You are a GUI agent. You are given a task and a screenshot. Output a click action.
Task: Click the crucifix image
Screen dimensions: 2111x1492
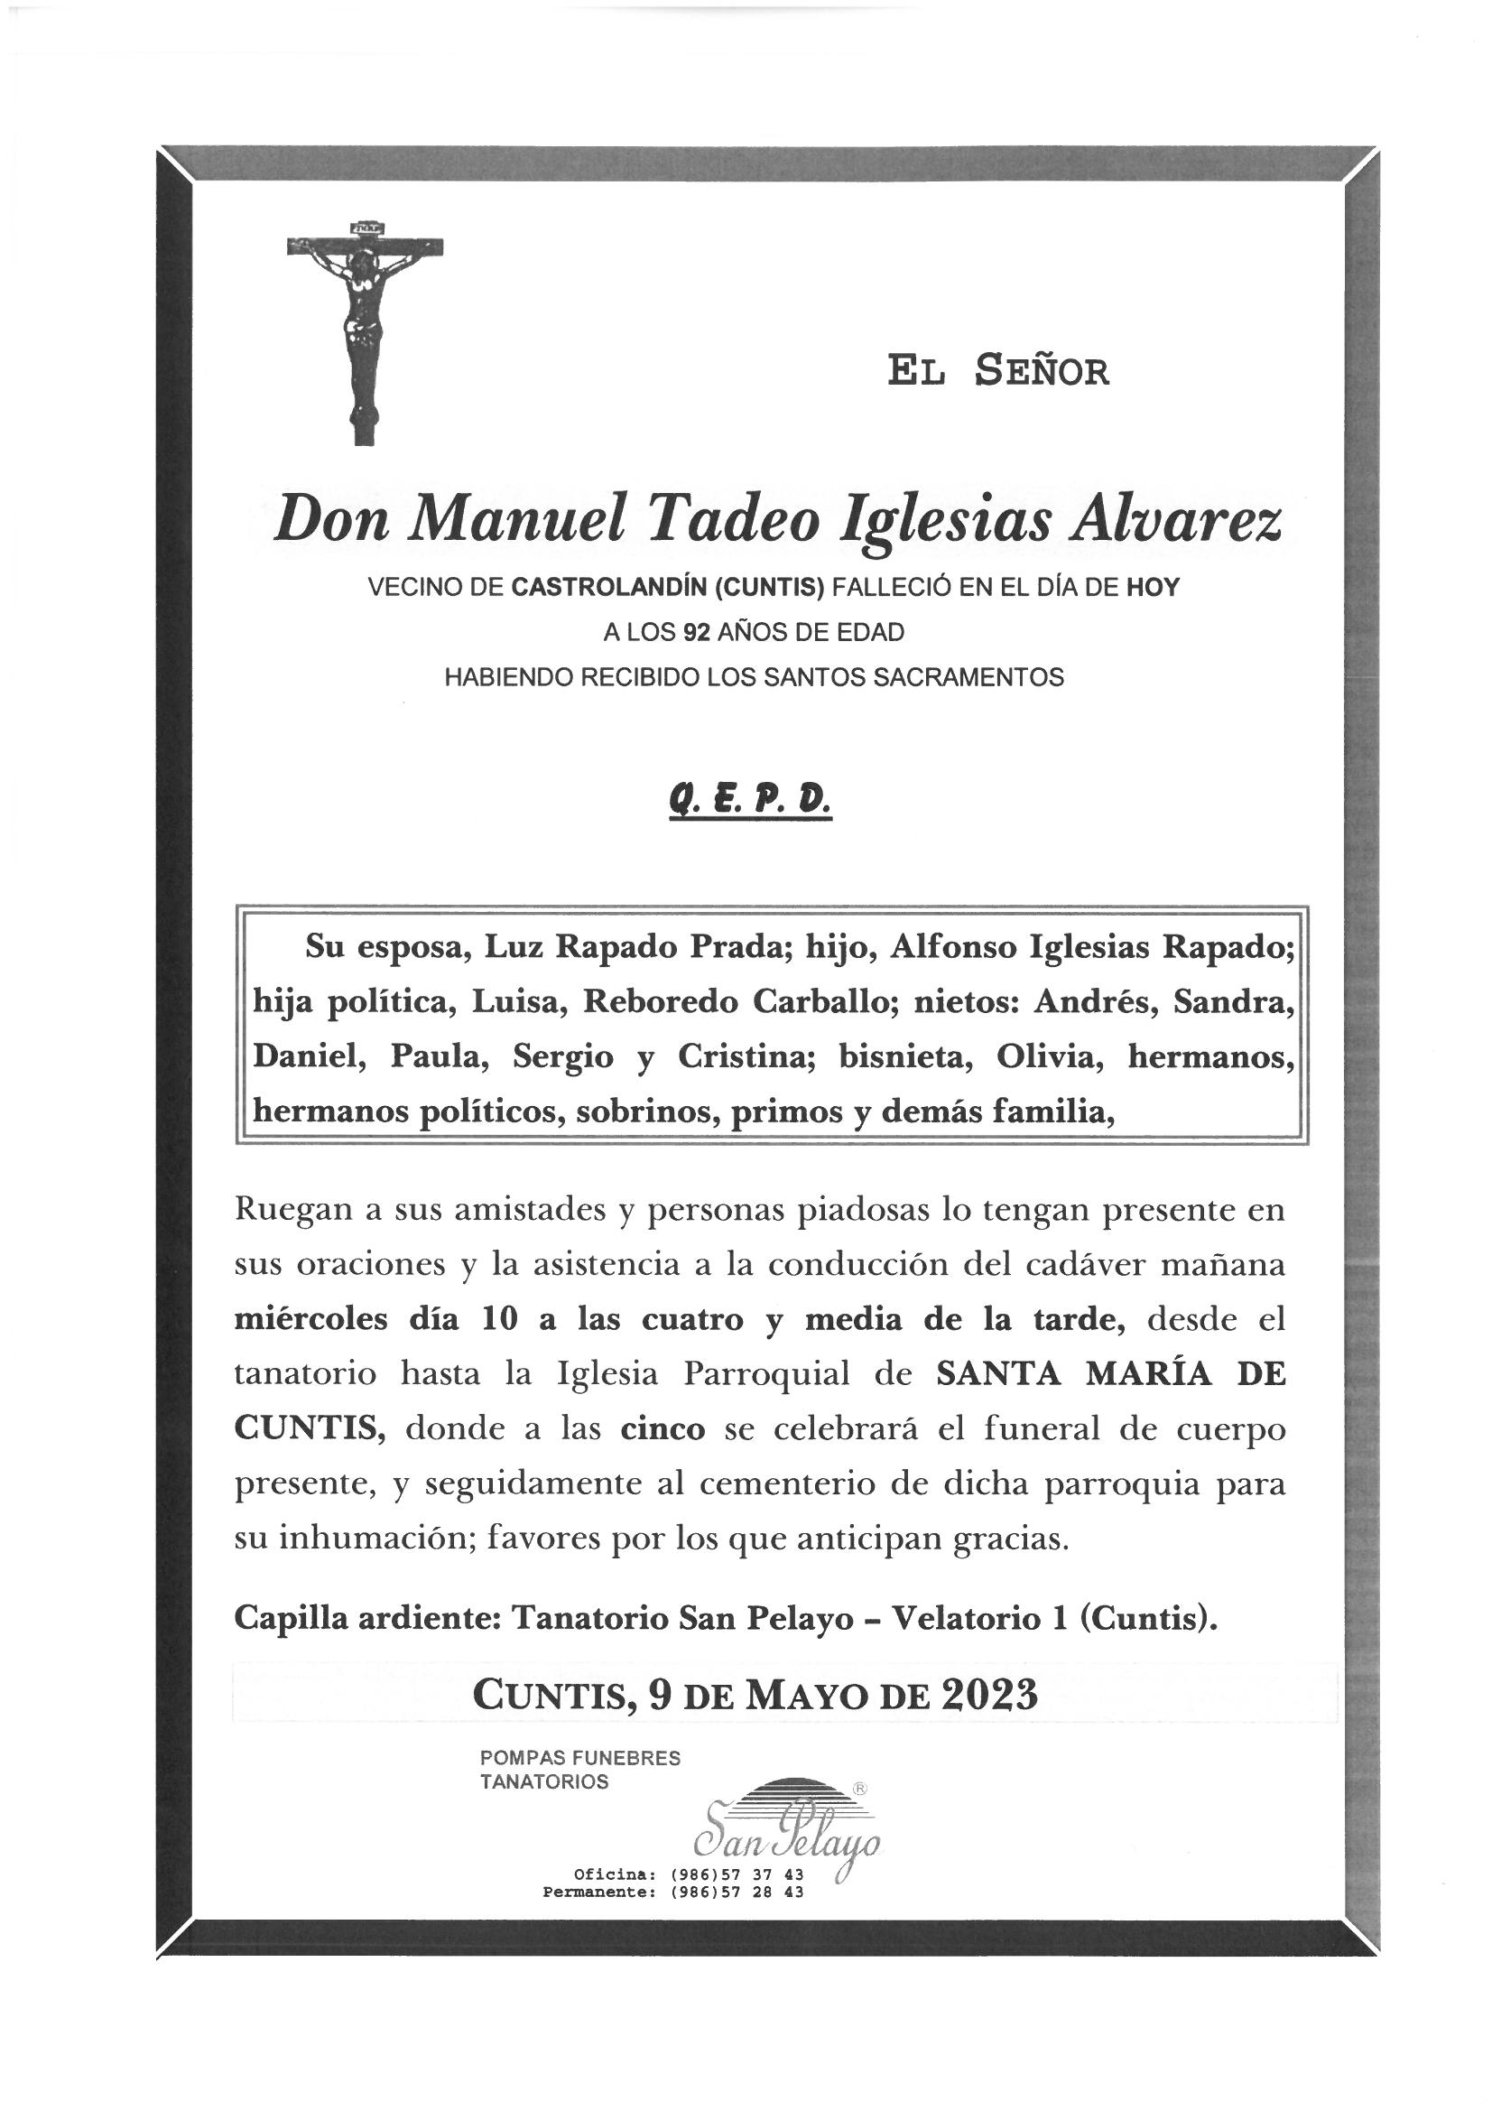pyautogui.click(x=364, y=332)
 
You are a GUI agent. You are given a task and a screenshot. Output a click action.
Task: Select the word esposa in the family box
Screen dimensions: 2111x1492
pyautogui.click(x=407, y=947)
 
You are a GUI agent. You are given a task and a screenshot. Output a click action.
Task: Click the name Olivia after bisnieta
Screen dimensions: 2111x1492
pyautogui.click(x=1049, y=1057)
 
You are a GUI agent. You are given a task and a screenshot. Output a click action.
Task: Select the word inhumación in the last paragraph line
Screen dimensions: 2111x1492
pyautogui.click(x=378, y=1540)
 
